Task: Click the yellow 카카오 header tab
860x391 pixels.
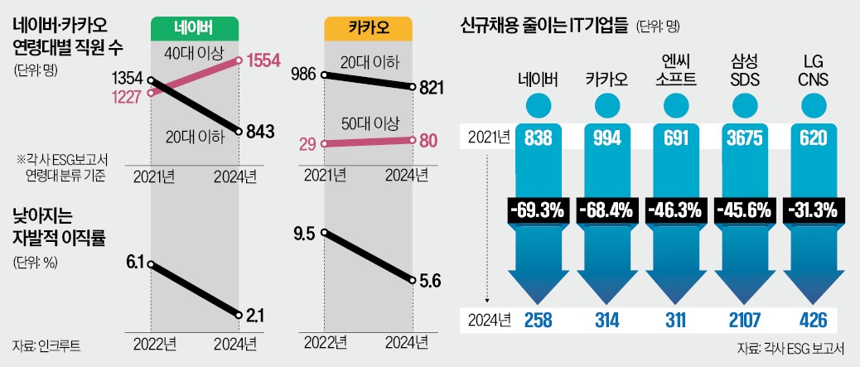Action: (x=368, y=30)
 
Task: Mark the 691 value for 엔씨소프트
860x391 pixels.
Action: (x=675, y=137)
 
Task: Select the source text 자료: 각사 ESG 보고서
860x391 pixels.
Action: (x=791, y=350)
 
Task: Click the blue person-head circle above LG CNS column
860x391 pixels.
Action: (x=813, y=104)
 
